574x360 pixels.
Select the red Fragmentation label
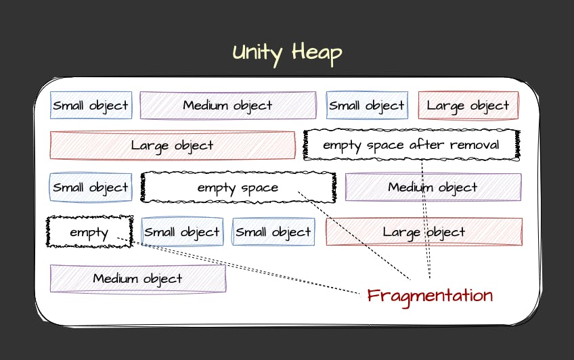(x=430, y=296)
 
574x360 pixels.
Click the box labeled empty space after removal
(x=411, y=145)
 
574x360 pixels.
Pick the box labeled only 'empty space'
(x=238, y=187)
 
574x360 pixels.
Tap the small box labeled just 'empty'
(x=89, y=232)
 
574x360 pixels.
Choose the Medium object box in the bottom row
(x=138, y=278)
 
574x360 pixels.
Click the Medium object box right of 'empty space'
(x=433, y=187)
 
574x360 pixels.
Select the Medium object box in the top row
(x=227, y=106)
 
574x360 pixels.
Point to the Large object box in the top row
(x=468, y=106)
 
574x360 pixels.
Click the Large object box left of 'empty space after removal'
(x=172, y=145)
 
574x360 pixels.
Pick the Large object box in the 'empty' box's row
(x=424, y=232)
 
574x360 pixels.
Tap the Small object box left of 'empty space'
(x=91, y=187)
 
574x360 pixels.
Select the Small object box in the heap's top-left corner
(x=91, y=106)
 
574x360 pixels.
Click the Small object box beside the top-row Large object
(x=366, y=106)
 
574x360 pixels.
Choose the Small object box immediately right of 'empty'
(x=182, y=232)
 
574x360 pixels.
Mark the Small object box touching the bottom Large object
(x=273, y=232)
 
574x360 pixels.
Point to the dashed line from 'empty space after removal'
(x=426, y=217)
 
